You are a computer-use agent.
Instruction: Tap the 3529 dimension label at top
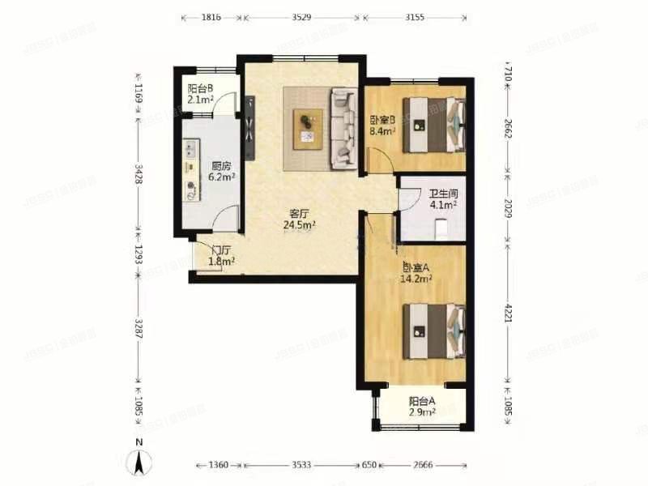(x=302, y=17)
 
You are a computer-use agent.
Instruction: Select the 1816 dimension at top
(x=211, y=17)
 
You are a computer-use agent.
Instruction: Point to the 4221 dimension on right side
(x=509, y=314)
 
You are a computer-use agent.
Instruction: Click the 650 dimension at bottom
(x=369, y=465)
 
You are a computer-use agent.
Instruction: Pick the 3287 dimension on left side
(x=139, y=329)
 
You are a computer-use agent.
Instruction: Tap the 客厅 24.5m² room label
(x=300, y=220)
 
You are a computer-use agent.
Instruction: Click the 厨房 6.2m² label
(x=221, y=172)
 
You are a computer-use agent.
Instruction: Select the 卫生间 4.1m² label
(x=443, y=198)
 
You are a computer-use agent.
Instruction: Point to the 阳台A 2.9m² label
(x=422, y=407)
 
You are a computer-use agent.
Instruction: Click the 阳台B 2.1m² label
(x=200, y=94)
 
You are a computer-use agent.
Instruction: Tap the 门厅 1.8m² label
(x=221, y=256)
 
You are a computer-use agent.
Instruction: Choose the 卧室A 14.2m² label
(x=416, y=273)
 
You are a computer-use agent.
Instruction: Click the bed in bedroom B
(x=434, y=125)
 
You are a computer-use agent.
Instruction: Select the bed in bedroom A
(x=434, y=331)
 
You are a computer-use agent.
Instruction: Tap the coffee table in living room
(x=308, y=130)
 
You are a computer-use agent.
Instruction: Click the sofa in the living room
(x=343, y=129)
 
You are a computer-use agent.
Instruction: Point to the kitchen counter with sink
(x=191, y=170)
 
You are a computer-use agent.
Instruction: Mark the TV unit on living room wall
(x=250, y=128)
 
